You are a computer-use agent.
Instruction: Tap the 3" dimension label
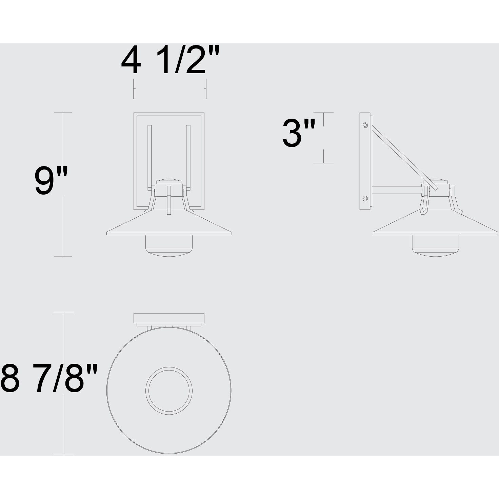click(299, 134)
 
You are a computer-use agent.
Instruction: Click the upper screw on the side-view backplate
click(365, 125)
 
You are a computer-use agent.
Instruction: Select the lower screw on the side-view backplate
click(365, 198)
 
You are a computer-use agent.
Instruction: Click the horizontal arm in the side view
click(397, 190)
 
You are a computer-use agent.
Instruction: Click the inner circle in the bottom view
click(169, 390)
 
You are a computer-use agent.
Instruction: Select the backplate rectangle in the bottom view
click(169, 318)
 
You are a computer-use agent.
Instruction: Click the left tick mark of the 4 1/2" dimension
click(134, 89)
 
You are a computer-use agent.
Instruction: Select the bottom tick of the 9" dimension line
click(63, 257)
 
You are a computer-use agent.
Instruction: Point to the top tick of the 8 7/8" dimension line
click(64, 312)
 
